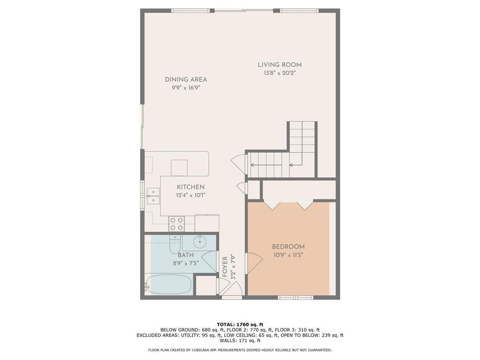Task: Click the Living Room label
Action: pyautogui.click(x=279, y=65)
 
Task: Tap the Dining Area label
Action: pyautogui.click(x=186, y=80)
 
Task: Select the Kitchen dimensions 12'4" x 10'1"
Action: pyautogui.click(x=191, y=195)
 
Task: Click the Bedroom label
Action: pyautogui.click(x=288, y=247)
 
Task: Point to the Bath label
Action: pyautogui.click(x=186, y=255)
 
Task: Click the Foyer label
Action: pyautogui.click(x=225, y=267)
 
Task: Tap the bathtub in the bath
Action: pyautogui.click(x=168, y=285)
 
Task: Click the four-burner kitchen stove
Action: pyautogui.click(x=176, y=223)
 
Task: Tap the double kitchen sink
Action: pyautogui.click(x=153, y=196)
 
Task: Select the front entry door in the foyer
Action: pyautogui.click(x=233, y=289)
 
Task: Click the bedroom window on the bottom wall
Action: pyautogui.click(x=295, y=297)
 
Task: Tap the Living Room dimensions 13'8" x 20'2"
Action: pyautogui.click(x=279, y=73)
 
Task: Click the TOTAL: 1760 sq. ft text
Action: pyautogui.click(x=240, y=324)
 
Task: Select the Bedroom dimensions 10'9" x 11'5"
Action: pyautogui.click(x=288, y=255)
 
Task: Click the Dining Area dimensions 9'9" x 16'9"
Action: pyautogui.click(x=186, y=88)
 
